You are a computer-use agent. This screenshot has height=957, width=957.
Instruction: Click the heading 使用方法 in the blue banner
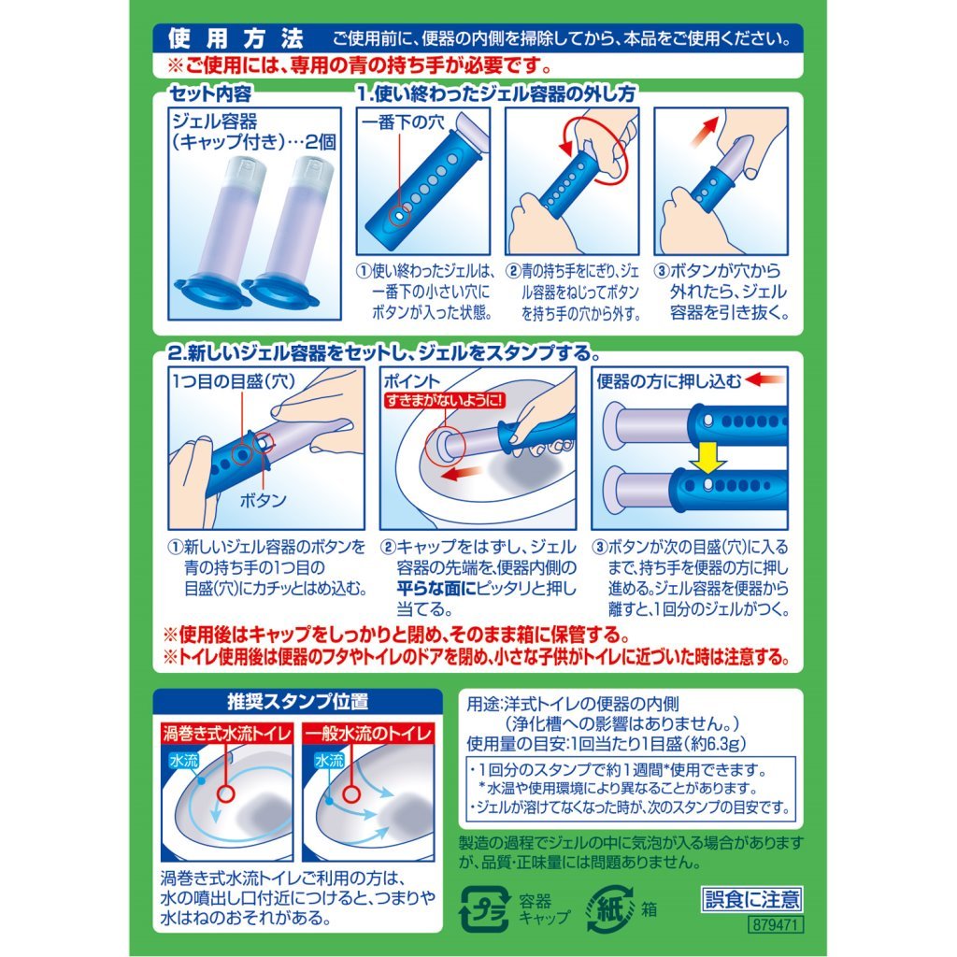(x=236, y=39)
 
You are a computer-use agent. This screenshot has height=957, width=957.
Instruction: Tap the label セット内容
(x=210, y=93)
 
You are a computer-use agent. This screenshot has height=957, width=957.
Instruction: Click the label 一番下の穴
(x=403, y=122)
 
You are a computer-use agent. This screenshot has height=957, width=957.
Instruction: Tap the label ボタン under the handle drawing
(x=263, y=501)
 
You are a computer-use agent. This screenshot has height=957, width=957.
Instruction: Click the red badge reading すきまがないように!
(x=445, y=400)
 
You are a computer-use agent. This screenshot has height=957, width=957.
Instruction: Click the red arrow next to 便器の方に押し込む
(x=764, y=379)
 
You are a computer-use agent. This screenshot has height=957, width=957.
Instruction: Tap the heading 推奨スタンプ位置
(x=298, y=702)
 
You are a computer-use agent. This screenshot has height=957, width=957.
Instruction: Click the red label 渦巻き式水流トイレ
(x=227, y=733)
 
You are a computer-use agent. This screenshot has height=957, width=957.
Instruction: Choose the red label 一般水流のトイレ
(x=368, y=733)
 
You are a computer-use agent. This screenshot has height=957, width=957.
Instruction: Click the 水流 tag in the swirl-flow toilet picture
(x=184, y=761)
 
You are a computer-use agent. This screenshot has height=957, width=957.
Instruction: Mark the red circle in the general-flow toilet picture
(x=351, y=793)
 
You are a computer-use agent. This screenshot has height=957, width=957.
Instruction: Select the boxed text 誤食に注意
(x=751, y=899)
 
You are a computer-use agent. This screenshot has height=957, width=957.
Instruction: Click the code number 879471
(x=775, y=923)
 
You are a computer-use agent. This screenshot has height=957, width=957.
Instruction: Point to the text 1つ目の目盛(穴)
(x=234, y=381)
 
